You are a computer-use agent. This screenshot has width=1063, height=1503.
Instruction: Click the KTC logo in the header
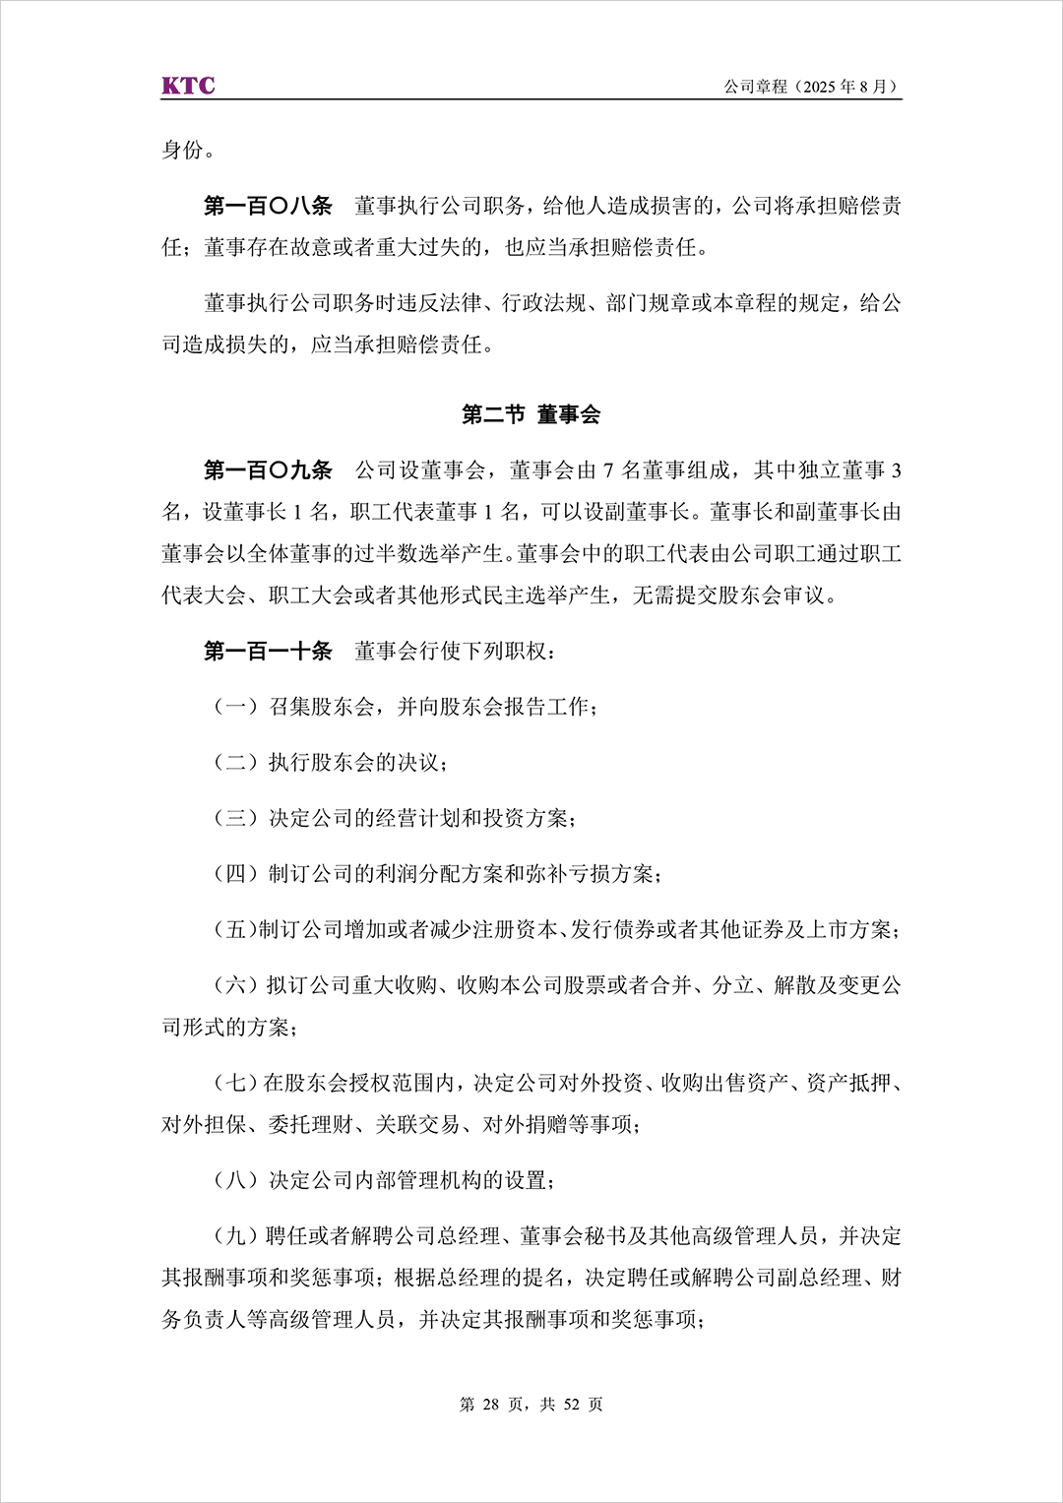point(188,86)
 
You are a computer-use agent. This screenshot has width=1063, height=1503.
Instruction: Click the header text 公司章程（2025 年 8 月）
point(812,87)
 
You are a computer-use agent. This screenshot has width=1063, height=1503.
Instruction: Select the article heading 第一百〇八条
point(268,206)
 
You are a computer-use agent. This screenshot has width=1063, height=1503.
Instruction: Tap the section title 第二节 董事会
point(531,414)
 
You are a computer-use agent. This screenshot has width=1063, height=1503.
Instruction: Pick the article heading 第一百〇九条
point(268,470)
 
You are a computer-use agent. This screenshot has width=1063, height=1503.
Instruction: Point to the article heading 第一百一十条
point(268,651)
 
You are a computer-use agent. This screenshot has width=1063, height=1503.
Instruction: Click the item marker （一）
point(236,707)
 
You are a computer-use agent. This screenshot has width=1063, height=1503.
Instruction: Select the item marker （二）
point(236,763)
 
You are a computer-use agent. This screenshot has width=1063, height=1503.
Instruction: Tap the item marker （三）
point(236,818)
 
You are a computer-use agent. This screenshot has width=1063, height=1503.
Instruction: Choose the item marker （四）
point(236,874)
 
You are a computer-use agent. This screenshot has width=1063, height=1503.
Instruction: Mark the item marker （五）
point(234,930)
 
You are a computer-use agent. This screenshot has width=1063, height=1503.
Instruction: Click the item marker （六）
point(235,985)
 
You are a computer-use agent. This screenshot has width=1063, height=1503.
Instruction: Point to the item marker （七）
point(234,1083)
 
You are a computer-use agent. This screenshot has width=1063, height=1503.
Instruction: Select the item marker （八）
point(236,1180)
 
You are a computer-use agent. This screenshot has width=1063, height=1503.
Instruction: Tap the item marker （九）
point(235,1236)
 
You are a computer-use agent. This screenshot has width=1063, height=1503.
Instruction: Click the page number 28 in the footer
point(491,1405)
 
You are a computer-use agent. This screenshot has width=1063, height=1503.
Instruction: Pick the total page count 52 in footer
point(572,1405)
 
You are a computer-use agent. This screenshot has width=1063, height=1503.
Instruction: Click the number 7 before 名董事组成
point(609,471)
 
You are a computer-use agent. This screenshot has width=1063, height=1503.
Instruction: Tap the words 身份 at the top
point(183,150)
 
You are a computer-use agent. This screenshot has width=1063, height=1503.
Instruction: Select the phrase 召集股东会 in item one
point(322,707)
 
